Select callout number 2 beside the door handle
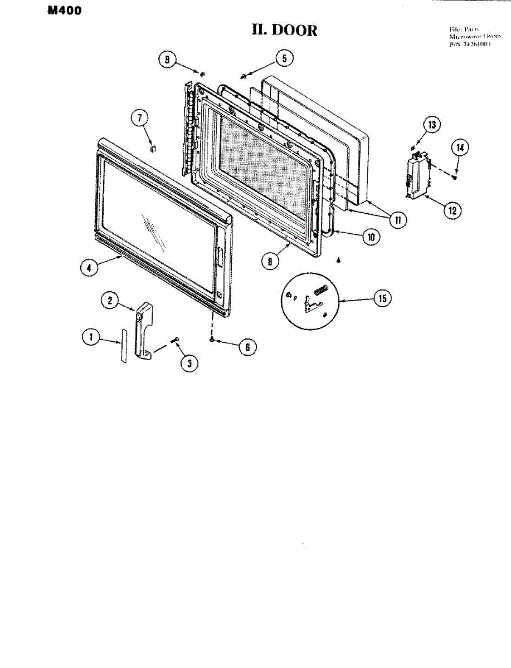pyautogui.click(x=110, y=300)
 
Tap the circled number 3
pyautogui.click(x=189, y=363)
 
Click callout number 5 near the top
pyautogui.click(x=284, y=58)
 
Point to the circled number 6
pyautogui.click(x=247, y=347)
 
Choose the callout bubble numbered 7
pyautogui.click(x=140, y=118)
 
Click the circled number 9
pyautogui.click(x=167, y=60)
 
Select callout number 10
pyautogui.click(x=371, y=237)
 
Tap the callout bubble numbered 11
pyautogui.click(x=397, y=220)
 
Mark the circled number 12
pyautogui.click(x=452, y=210)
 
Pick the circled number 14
pyautogui.click(x=460, y=148)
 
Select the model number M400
pyautogui.click(x=65, y=11)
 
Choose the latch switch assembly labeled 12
pyautogui.click(x=417, y=175)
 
